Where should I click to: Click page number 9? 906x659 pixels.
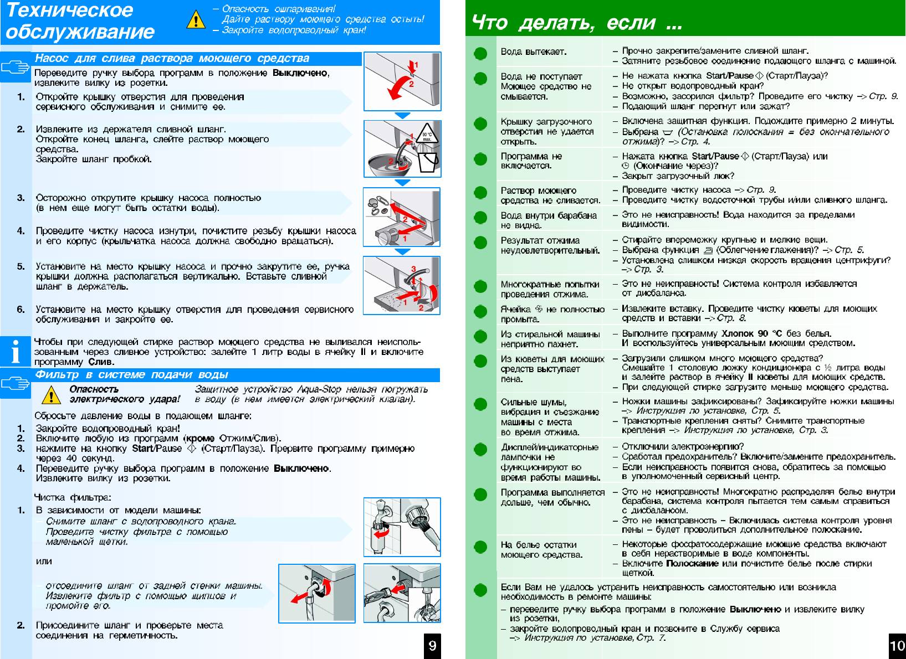[432, 646]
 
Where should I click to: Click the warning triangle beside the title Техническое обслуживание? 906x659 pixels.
[196, 20]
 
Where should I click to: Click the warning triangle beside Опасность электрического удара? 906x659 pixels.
[51, 395]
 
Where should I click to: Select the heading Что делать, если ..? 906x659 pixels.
[576, 23]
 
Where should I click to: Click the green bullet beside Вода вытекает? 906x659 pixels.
[480, 53]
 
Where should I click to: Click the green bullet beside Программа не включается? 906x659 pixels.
[480, 159]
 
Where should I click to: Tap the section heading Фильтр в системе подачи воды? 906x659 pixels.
[131, 375]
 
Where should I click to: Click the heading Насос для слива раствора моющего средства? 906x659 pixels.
[172, 58]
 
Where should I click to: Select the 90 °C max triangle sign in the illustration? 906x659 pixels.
[426, 135]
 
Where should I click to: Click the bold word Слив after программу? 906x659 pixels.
[101, 362]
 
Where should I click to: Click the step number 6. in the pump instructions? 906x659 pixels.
[21, 309]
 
